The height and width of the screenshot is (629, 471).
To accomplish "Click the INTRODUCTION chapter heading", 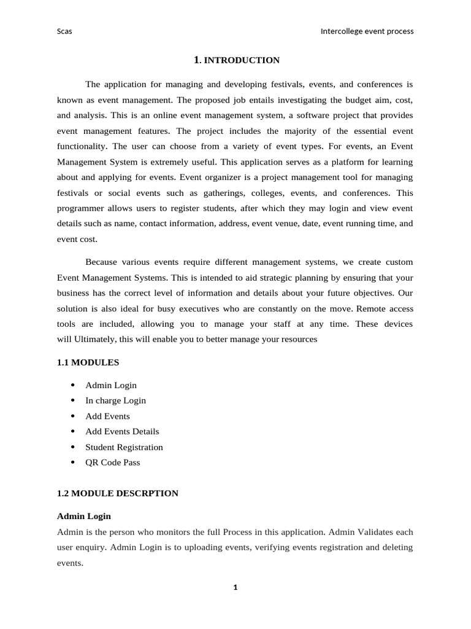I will point(237,60).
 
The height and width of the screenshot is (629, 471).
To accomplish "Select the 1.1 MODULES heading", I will point(88,362).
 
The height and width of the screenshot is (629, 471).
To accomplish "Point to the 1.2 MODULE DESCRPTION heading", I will point(117,493).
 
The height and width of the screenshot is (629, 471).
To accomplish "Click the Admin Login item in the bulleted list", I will point(111,385).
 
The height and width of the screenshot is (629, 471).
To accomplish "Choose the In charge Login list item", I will point(115,400).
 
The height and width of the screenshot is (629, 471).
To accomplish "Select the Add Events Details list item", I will point(122,431).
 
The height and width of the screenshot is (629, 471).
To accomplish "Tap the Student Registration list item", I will point(124,447).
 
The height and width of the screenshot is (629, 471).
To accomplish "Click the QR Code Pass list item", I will point(112,463).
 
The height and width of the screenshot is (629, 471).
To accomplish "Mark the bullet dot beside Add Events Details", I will point(73,431).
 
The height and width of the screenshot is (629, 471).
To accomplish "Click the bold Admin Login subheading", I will point(83,516).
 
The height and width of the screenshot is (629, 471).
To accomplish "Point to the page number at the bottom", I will point(235,588).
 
